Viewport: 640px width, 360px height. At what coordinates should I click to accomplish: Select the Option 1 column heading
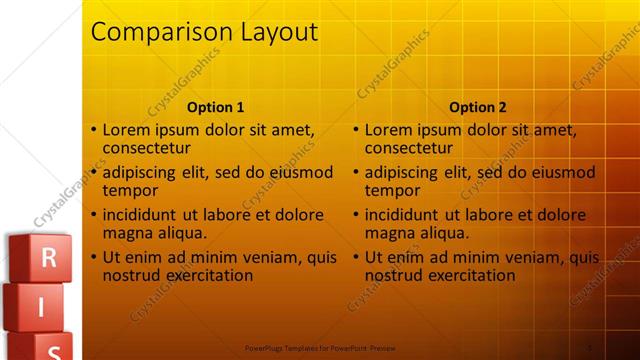(216, 107)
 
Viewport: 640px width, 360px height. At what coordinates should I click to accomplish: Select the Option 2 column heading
(478, 107)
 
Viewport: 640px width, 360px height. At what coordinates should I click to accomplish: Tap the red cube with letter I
(41, 307)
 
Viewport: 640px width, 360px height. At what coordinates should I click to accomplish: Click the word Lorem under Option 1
(126, 130)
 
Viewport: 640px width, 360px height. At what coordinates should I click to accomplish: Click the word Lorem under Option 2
(388, 130)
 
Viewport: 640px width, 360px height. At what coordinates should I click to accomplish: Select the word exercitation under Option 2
(472, 275)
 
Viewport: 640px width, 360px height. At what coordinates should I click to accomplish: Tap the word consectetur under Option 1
(146, 148)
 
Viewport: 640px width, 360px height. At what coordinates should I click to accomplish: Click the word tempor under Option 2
(390, 190)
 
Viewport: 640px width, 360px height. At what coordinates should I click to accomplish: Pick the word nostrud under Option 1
(131, 275)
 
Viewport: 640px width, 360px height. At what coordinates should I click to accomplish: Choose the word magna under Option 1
(127, 233)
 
